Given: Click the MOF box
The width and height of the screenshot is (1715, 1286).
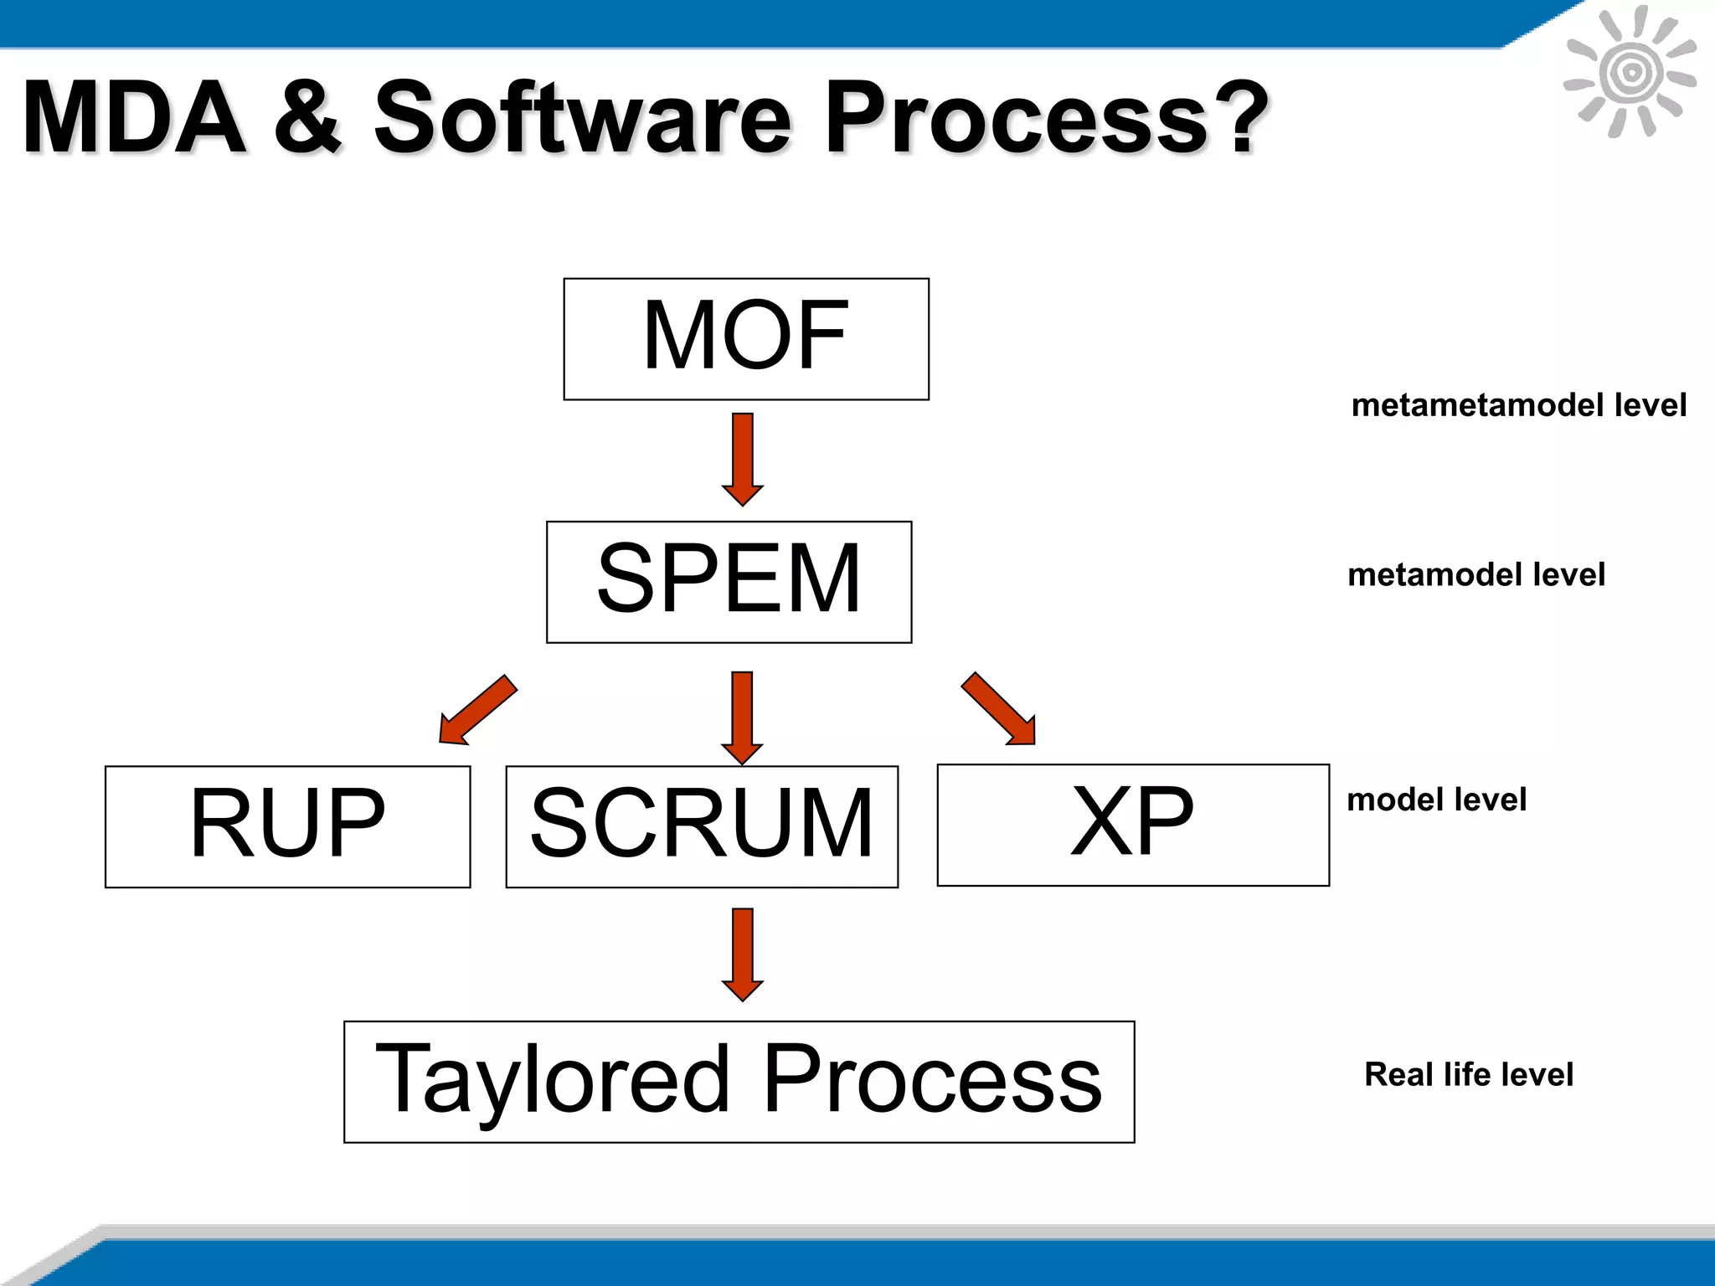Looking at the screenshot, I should [746, 338].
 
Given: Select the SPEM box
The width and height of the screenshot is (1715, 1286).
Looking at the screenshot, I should [729, 582].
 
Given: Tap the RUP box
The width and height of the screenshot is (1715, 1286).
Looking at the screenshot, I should [287, 826].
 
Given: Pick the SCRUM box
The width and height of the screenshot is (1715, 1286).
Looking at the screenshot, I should [702, 826].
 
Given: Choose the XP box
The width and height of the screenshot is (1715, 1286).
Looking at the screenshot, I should [1133, 825].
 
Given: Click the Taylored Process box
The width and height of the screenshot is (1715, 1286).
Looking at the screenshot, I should [739, 1081].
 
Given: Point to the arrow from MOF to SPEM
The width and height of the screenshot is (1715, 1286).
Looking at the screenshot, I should [742, 458].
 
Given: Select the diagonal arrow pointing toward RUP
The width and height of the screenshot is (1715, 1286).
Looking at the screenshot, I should [477, 710].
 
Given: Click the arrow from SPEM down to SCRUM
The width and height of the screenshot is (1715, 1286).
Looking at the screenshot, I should [742, 717].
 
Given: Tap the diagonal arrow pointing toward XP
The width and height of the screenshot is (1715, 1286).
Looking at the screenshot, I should [999, 708].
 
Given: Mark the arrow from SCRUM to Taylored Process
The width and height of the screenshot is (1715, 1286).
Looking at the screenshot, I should [742, 954].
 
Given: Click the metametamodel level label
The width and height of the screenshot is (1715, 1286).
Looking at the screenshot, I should [1518, 405].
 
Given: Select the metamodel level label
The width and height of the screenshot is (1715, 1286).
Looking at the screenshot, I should [1476, 575].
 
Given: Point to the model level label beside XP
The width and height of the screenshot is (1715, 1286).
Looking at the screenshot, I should [1436, 800].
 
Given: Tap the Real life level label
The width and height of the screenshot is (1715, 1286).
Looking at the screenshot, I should [1468, 1074].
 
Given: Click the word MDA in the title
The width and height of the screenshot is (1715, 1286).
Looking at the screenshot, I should [134, 118].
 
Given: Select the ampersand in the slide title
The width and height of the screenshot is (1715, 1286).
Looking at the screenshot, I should [307, 118].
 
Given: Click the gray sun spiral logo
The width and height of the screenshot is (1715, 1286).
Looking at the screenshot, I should [1630, 73].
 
